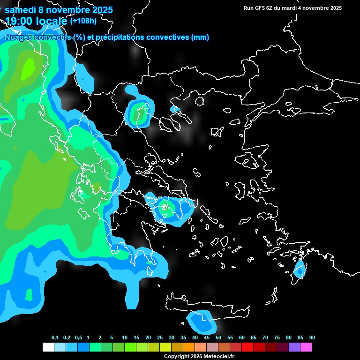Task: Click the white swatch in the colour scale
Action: point(48,347)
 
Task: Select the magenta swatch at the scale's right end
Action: point(306,347)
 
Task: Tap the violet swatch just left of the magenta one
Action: point(294,347)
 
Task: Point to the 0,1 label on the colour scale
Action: point(55,338)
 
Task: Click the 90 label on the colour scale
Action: point(312,338)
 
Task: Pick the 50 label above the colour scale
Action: point(218,338)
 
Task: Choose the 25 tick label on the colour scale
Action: point(160,338)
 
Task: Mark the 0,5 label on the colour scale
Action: point(78,338)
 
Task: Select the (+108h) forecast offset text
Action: point(83,21)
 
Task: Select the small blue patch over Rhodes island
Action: point(299,270)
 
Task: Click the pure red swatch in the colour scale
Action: point(247,347)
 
